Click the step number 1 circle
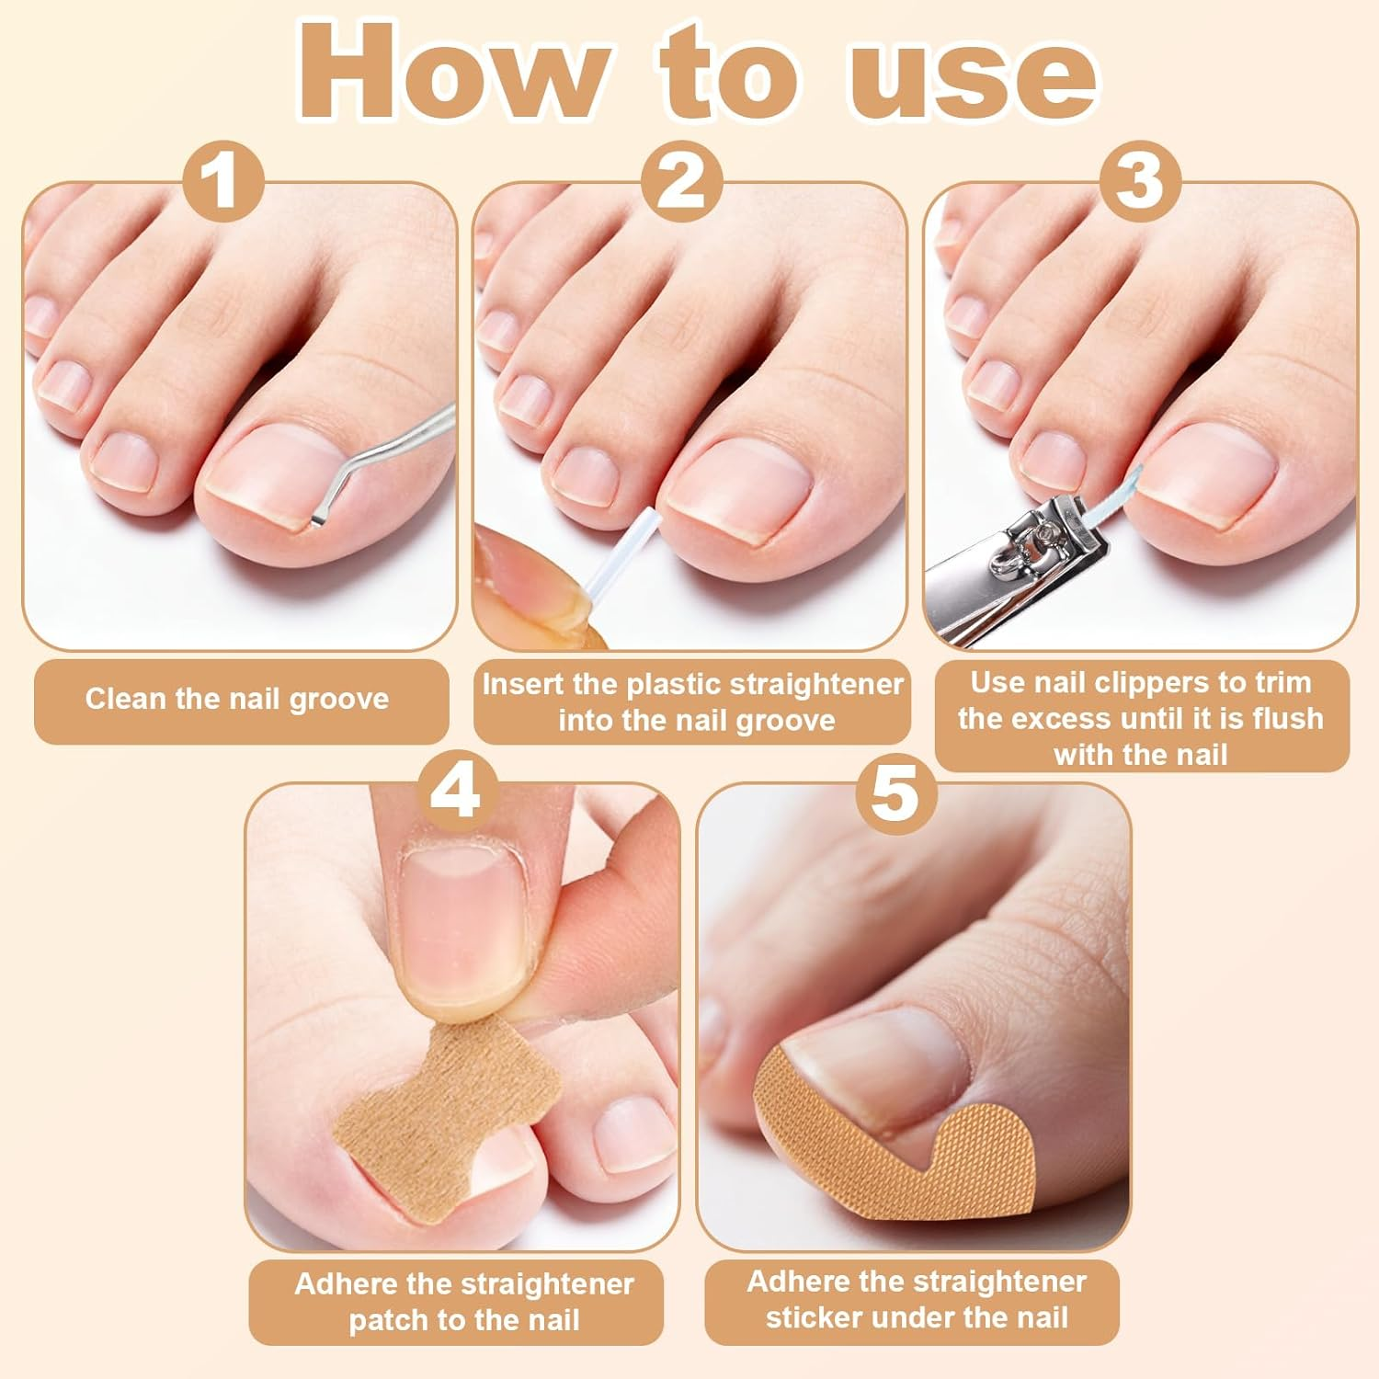223,181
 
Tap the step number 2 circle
681,181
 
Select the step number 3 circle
1139,181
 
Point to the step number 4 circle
456,791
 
